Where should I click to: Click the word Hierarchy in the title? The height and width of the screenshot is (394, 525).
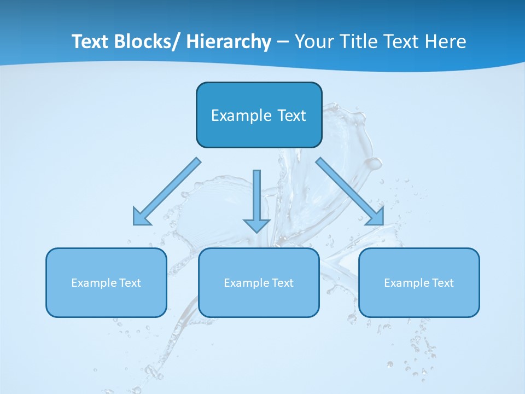[x=229, y=42]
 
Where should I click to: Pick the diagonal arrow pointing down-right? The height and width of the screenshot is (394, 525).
[x=350, y=192]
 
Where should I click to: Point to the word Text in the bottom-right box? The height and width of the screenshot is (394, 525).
[x=442, y=283]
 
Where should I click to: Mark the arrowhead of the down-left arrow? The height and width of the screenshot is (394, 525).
[x=141, y=218]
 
